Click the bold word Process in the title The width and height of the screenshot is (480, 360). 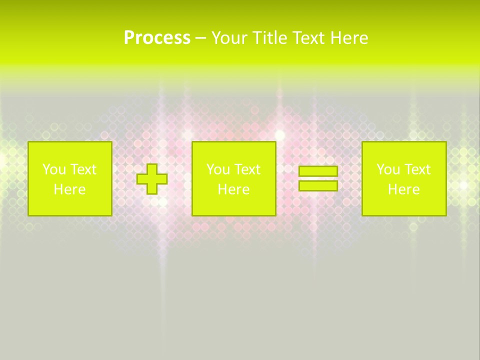pos(157,38)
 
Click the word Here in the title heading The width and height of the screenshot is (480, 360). pos(349,38)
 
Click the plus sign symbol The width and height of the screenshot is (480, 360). pos(152,179)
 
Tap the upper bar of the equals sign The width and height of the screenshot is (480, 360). pos(318,171)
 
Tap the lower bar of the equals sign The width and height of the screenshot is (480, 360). pos(318,185)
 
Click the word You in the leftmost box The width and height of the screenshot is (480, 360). pos(53,169)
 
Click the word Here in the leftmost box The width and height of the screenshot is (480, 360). pos(69,189)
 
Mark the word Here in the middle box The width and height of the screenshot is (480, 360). pos(233,189)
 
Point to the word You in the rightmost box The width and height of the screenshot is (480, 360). pos(387,169)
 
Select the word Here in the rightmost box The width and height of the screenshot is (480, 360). pos(403,189)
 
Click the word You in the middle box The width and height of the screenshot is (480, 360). pos(217,169)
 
